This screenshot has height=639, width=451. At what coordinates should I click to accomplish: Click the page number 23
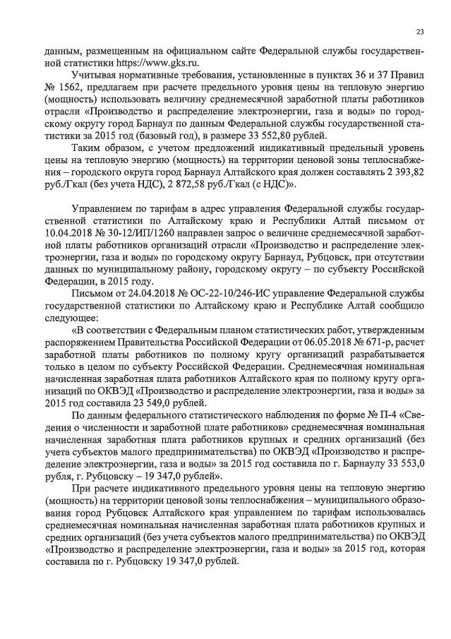420,32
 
